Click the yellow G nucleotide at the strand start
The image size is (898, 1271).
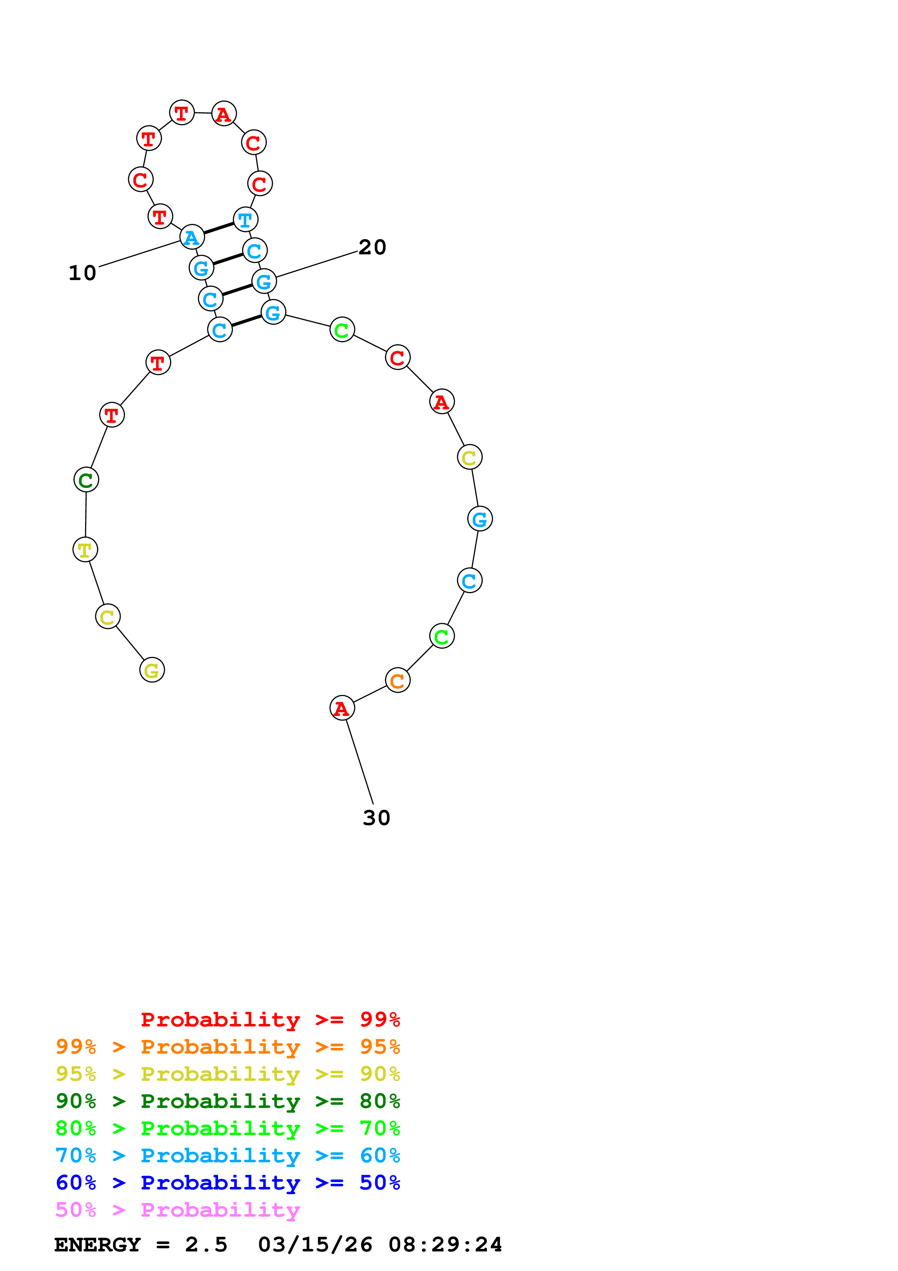click(x=152, y=670)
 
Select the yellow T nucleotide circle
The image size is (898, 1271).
click(x=85, y=550)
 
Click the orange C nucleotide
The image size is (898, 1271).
click(x=397, y=680)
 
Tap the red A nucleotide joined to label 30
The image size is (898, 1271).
click(x=342, y=708)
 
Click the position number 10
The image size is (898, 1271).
click(x=83, y=273)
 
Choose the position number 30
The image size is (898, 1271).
click(x=376, y=818)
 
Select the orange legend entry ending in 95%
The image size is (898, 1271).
click(x=227, y=1046)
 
